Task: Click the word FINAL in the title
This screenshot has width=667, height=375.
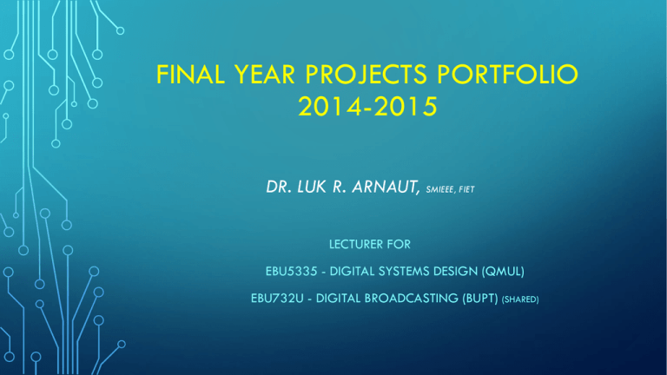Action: click(190, 74)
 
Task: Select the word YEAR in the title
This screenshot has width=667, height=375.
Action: click(265, 74)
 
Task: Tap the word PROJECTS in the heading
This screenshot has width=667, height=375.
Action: click(366, 74)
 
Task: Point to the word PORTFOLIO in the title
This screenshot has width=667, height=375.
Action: click(507, 74)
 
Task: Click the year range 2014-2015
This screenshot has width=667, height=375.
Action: click(367, 106)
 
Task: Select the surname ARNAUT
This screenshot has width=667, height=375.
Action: click(386, 187)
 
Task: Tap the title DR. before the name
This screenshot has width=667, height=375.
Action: click(279, 187)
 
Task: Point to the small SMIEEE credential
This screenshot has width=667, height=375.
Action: click(440, 189)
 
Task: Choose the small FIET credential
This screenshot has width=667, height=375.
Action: click(466, 189)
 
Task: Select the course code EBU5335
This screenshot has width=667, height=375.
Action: click(292, 271)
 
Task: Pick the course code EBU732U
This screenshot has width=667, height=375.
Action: click(277, 299)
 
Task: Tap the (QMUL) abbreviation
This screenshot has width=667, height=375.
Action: click(503, 271)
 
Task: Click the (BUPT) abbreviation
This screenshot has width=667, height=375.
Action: click(479, 299)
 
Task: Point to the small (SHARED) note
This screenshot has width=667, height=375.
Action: click(520, 299)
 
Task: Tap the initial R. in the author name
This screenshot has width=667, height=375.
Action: click(339, 187)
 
